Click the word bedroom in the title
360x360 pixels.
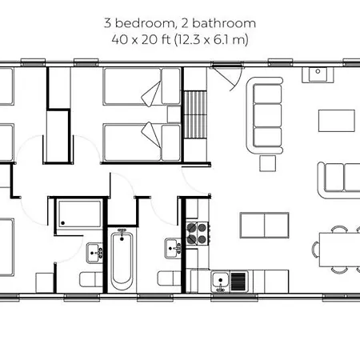pos(145,23)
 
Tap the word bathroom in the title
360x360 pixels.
pos(224,23)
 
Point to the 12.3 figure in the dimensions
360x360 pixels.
pos(189,39)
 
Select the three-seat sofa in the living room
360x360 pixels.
pos(265,115)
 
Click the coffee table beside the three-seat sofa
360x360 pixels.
pos(337,121)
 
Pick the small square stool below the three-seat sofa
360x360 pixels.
pos(268,163)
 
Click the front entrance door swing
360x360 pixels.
pos(226,77)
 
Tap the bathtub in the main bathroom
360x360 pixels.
pos(122,260)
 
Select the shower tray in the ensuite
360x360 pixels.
pos(80,214)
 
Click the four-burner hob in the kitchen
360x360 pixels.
pos(197,233)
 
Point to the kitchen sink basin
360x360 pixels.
pos(221,281)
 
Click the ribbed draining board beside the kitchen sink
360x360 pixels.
pos(238,282)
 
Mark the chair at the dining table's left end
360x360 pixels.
pos(315,250)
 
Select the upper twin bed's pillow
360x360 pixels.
pos(171,86)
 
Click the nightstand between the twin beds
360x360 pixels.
pos(174,114)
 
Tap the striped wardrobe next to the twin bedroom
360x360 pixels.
pos(195,114)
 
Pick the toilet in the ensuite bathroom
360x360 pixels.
pos(91,279)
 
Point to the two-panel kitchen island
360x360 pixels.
pos(264,225)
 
